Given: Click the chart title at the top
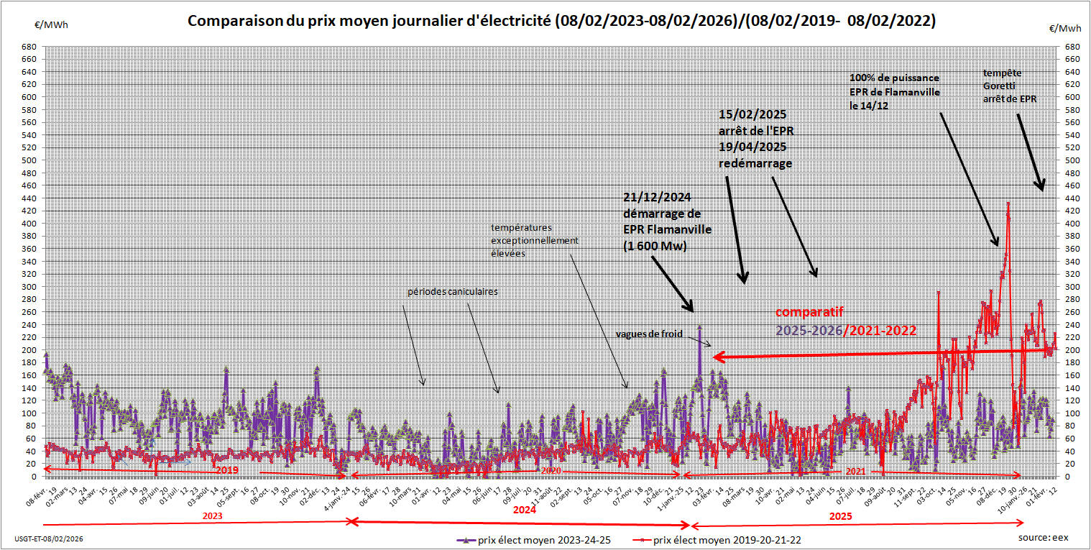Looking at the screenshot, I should pos(561,21).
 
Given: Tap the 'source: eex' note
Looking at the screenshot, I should pos(1042,537).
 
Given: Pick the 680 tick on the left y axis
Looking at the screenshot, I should pos(29,47).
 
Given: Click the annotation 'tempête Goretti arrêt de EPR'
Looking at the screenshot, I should pos(1010,86).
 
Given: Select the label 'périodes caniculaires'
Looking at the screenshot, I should pos(453,292).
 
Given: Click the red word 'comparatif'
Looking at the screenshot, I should pos(809,311).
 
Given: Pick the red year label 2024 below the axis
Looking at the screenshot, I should pos(525,510).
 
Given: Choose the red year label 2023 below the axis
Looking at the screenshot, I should pos(212,516).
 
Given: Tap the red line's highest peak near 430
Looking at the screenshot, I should pos(1008,203).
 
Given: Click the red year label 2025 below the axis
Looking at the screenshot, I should pos(840,516).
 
